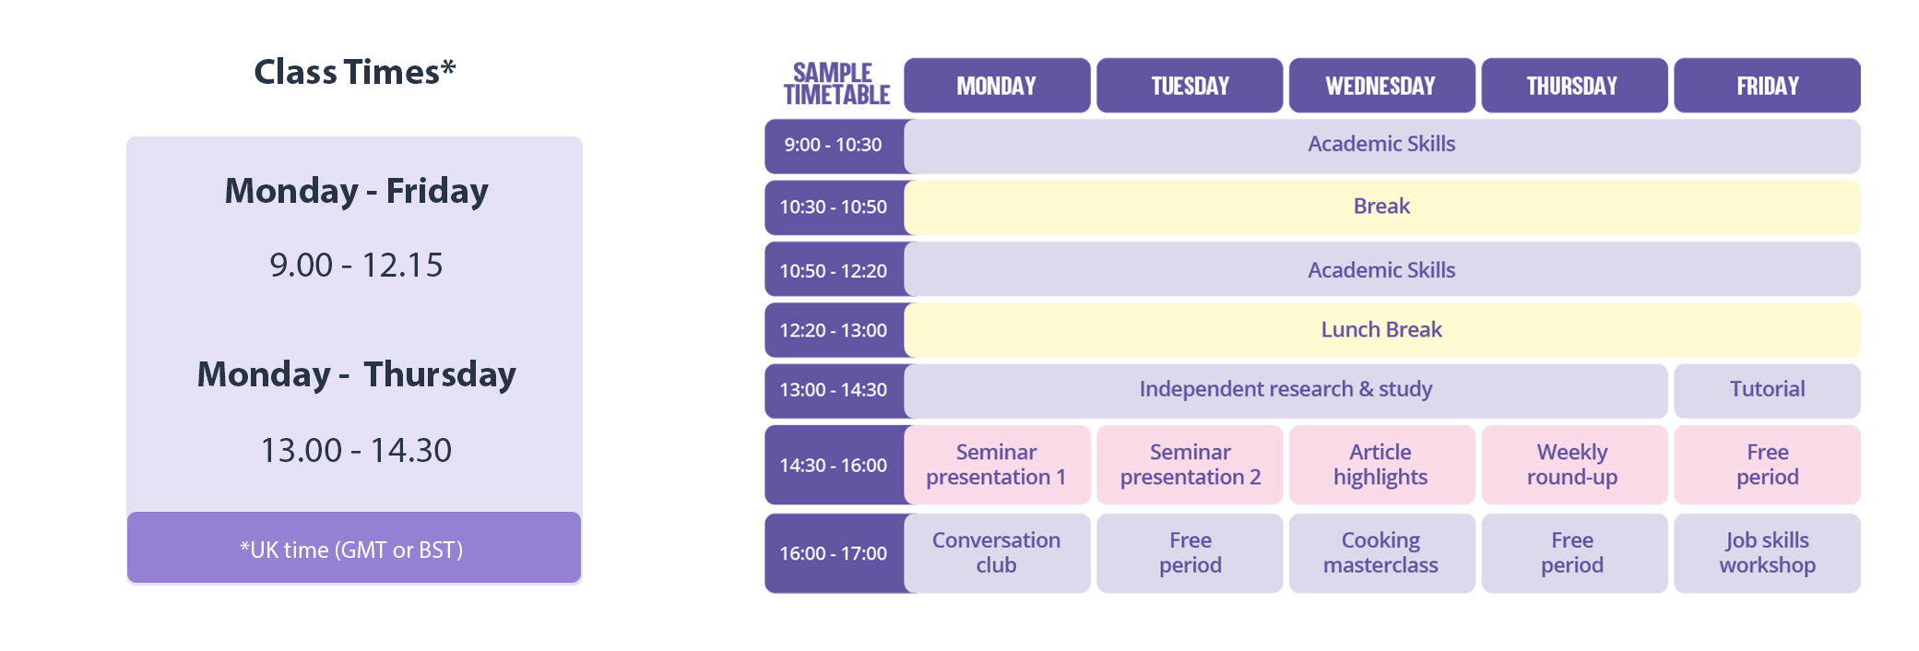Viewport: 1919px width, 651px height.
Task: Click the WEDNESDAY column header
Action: [1381, 86]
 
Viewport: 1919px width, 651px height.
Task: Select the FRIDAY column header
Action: [1767, 86]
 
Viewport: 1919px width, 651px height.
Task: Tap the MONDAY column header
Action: [997, 86]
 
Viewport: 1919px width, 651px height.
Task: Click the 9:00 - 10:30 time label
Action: [833, 145]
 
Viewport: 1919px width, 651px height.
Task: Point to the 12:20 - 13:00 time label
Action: [834, 330]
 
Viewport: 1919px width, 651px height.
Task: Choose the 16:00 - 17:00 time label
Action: [834, 553]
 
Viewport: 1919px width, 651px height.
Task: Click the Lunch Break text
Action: [1381, 329]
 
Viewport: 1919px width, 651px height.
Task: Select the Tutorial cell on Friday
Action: [1767, 390]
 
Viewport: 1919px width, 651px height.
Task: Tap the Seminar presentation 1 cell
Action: [997, 465]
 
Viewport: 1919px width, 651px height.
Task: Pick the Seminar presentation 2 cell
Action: [1190, 465]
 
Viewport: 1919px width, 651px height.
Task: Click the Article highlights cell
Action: [1381, 465]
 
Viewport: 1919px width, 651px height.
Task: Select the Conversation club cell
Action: [997, 553]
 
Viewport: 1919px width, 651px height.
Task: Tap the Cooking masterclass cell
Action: [1381, 553]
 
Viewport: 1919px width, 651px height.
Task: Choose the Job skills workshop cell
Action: [1767, 553]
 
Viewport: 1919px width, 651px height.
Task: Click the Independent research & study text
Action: [1285, 389]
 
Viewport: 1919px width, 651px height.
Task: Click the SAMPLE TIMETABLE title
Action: [836, 84]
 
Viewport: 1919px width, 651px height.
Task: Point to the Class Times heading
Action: [355, 72]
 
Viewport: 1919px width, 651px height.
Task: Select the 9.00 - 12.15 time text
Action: [356, 265]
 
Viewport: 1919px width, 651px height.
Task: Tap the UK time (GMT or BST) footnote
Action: [351, 550]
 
